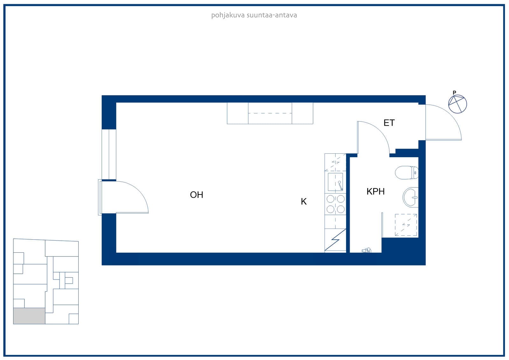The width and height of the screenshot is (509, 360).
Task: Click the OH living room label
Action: (197, 195)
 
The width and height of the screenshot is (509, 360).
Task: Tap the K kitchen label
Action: (304, 201)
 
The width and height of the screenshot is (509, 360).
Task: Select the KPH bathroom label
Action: (376, 192)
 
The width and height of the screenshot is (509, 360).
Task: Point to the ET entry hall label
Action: (389, 123)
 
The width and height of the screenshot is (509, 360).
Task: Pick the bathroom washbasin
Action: (411, 197)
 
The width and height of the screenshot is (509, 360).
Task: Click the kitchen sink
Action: (335, 182)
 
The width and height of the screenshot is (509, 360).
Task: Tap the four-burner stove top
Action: (335, 204)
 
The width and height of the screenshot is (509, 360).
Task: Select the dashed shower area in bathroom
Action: (406, 225)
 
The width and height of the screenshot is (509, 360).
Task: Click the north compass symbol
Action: (457, 104)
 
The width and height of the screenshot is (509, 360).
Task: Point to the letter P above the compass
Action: (454, 93)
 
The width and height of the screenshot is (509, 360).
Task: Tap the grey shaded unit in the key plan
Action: (29, 316)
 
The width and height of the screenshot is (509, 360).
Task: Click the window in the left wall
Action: (109, 154)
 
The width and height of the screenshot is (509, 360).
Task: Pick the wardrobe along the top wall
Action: (270, 113)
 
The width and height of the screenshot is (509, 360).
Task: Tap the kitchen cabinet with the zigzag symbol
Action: (335, 240)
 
